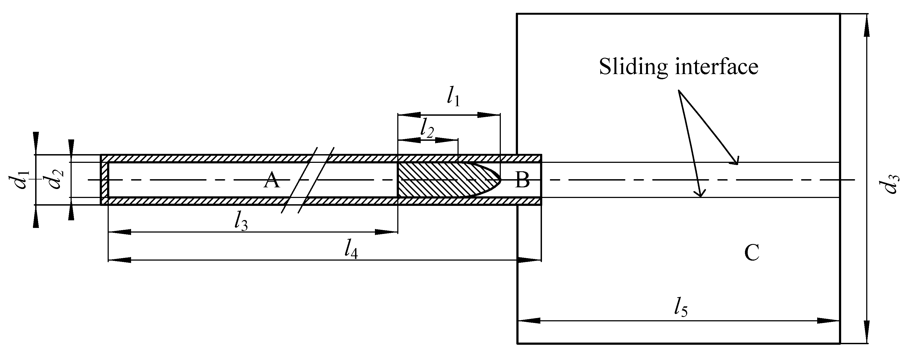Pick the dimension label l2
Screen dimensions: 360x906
(427, 129)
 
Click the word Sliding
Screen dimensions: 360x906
(633, 67)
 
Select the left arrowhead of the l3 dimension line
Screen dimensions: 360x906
(120, 232)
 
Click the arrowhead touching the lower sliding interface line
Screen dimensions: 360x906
(700, 193)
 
